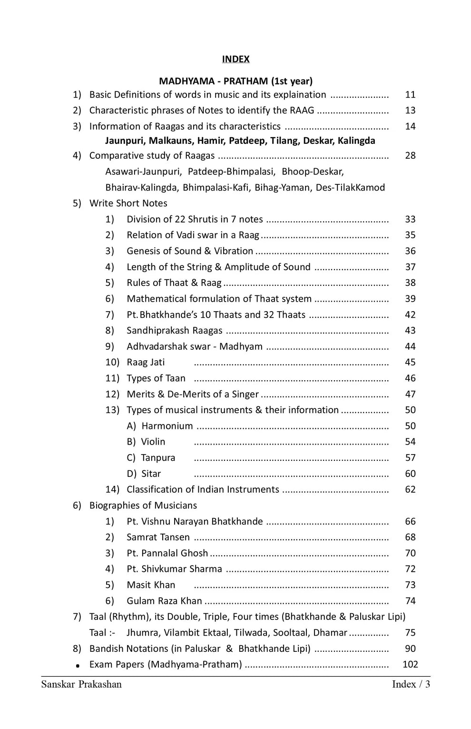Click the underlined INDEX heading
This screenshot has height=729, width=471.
235,59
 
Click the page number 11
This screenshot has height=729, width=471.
410,95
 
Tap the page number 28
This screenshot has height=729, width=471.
410,156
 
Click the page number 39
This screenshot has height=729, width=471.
410,299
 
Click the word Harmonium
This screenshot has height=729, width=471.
167,426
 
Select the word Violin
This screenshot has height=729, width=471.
153,442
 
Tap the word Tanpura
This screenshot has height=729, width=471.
158,458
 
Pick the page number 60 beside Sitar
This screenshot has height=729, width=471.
410,474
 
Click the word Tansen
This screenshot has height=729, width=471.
175,537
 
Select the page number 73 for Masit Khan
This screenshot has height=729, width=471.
410,585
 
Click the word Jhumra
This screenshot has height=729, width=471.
142,633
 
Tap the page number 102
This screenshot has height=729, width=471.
410,665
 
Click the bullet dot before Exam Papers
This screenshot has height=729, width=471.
77,666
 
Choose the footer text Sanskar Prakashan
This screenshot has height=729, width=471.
81,685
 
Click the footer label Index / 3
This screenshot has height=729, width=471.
411,685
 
